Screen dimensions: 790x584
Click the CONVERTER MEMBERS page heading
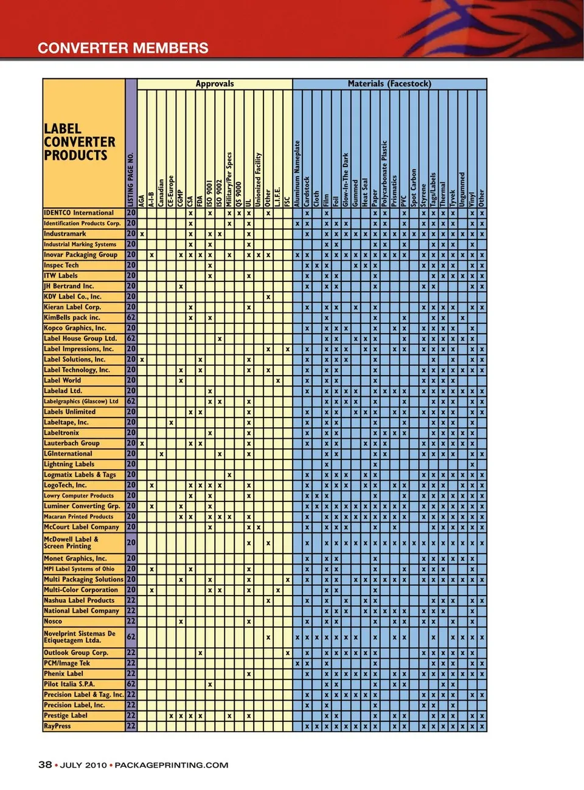(x=123, y=48)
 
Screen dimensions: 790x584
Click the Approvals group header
(x=214, y=84)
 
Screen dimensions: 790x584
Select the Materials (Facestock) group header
(x=389, y=84)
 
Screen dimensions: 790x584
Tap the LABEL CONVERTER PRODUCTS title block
(x=79, y=142)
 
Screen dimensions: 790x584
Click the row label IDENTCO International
(x=78, y=213)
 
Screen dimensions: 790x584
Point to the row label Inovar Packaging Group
(x=80, y=255)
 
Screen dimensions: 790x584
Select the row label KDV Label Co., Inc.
(x=72, y=297)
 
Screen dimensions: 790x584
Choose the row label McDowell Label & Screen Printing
(x=71, y=543)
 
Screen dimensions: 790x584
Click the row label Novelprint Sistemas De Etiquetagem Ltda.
(x=79, y=637)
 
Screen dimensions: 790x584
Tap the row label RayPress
(x=57, y=726)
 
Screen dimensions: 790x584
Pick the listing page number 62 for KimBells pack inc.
(x=131, y=317)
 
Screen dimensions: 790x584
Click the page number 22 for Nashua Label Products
(x=131, y=600)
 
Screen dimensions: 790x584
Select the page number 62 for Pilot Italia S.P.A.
(x=131, y=684)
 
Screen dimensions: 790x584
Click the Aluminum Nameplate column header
(x=297, y=174)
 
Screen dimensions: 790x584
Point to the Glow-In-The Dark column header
(x=346, y=180)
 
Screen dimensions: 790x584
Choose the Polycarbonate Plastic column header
(x=384, y=174)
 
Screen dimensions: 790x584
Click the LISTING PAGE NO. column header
(x=131, y=180)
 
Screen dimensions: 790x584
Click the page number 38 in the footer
(x=45, y=765)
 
